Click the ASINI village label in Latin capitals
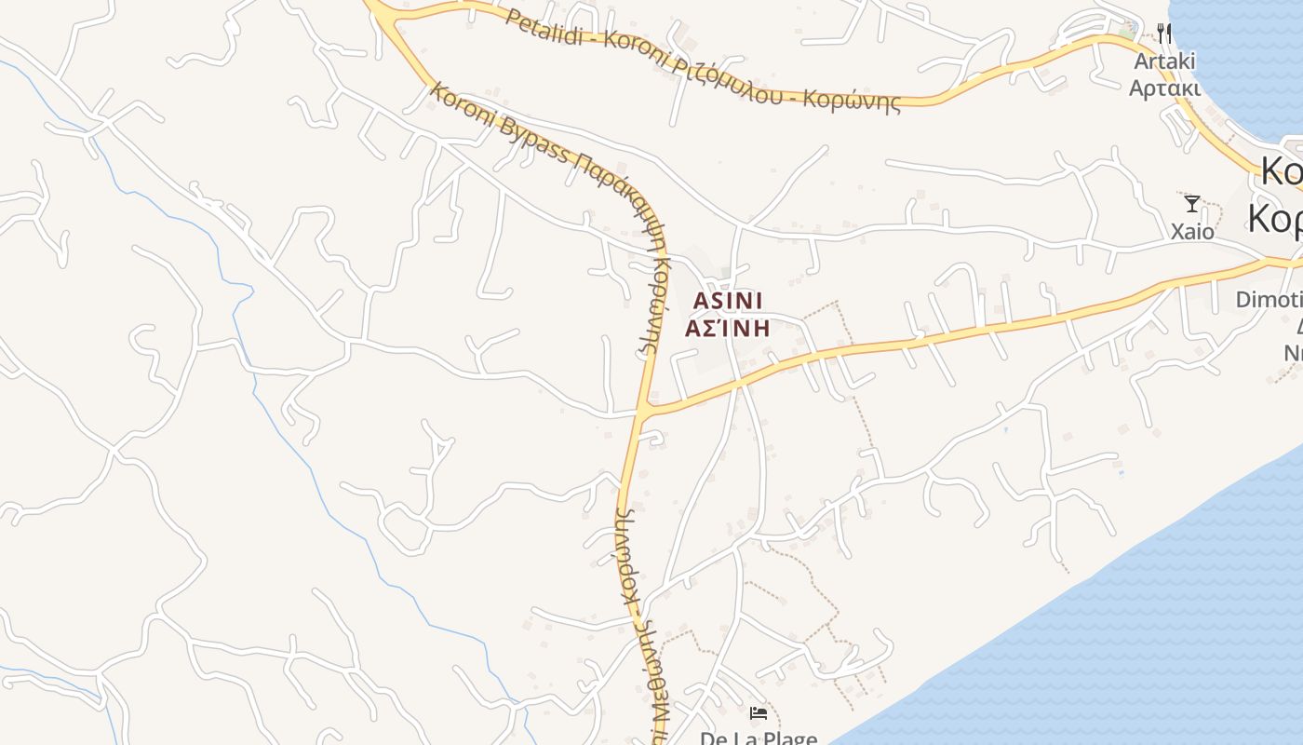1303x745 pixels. (x=729, y=300)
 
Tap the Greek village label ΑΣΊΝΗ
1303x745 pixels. (x=728, y=328)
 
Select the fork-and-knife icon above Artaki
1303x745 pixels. (x=1164, y=34)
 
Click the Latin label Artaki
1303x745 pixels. (x=1162, y=61)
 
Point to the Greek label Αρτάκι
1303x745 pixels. (x=1163, y=88)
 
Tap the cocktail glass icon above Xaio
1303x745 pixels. (x=1191, y=203)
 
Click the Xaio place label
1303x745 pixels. (x=1192, y=231)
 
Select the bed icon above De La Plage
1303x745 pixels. (x=759, y=713)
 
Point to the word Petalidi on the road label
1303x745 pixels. (x=549, y=27)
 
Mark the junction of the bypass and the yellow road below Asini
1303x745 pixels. (x=642, y=409)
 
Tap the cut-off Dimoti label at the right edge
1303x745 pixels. (x=1269, y=300)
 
